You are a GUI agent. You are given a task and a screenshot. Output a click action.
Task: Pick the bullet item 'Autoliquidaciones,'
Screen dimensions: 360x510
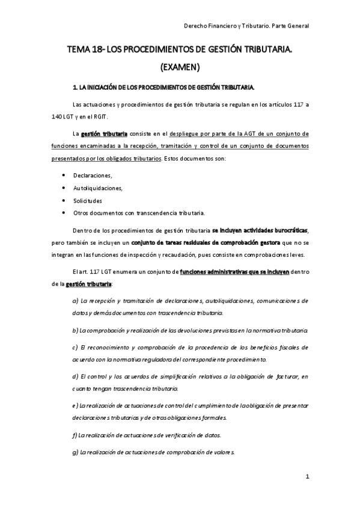tap(98, 188)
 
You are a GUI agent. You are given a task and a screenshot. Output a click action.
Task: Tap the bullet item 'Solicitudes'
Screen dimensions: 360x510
tap(88, 200)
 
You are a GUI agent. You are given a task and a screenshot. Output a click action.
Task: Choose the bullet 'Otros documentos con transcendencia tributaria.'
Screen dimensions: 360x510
tap(139, 213)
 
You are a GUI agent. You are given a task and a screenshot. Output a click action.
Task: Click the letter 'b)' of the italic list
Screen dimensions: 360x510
tap(75, 330)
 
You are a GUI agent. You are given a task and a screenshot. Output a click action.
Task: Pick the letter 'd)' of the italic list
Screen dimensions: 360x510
tap(75, 376)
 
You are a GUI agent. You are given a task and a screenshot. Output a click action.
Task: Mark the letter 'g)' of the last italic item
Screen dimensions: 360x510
tap(75, 452)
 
